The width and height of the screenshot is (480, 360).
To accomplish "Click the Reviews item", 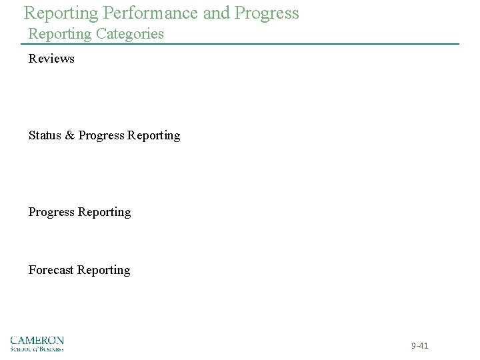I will (51, 59).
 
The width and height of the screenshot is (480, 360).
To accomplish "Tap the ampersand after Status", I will (69, 135).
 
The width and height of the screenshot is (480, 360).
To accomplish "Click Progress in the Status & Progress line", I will (101, 135).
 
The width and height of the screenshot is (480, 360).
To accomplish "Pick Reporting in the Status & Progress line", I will (153, 135).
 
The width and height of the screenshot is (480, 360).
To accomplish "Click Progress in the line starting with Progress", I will (51, 212).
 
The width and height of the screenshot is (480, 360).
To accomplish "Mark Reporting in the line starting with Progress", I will (104, 212).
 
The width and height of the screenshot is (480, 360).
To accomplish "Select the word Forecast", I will (51, 270).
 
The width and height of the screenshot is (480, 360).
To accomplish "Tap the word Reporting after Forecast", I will (104, 270).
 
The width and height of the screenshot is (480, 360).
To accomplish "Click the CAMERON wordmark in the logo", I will (37, 340).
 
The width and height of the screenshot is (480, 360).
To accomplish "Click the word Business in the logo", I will (51, 348).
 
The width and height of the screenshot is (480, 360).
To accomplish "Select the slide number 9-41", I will (419, 346).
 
